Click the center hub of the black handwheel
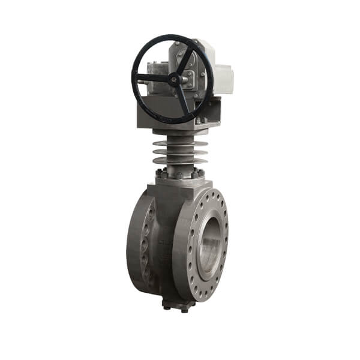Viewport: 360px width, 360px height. pos(175,78)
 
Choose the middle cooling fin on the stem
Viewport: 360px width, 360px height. pos(179,152)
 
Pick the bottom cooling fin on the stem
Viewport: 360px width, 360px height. pos(179,161)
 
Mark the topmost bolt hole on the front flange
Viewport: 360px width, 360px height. pos(211,193)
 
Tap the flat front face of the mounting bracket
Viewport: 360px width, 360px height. pos(162,111)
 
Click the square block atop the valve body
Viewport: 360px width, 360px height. pos(174,186)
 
